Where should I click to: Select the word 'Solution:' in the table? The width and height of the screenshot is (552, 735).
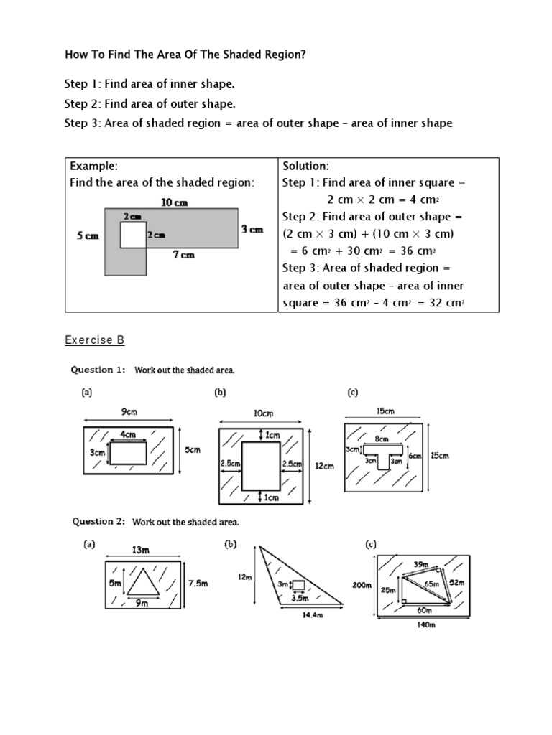click(x=306, y=166)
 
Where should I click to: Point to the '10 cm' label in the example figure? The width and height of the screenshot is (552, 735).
click(x=174, y=202)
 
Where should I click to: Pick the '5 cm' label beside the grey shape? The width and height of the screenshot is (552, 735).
click(x=87, y=235)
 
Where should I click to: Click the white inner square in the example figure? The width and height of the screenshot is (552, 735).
click(x=132, y=235)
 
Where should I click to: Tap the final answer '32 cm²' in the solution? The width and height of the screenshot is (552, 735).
click(x=444, y=304)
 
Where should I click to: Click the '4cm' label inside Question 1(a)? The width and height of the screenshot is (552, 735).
click(x=128, y=434)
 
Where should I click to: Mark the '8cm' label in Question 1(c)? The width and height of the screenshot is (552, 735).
click(x=382, y=439)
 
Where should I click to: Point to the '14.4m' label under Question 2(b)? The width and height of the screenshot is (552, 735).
click(x=309, y=614)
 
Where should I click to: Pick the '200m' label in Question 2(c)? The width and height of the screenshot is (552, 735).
click(x=361, y=585)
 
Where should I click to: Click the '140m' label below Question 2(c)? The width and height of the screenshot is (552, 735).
click(x=425, y=624)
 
